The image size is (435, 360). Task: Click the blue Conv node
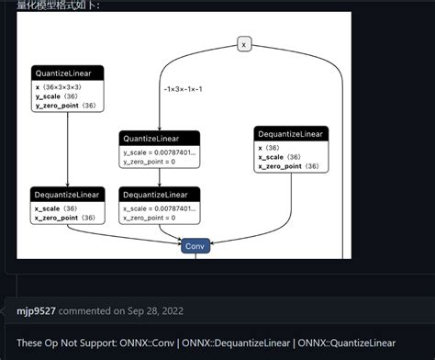[194, 246]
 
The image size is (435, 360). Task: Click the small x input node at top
[244, 43]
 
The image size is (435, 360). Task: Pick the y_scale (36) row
[57, 96]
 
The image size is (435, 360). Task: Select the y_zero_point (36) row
[65, 106]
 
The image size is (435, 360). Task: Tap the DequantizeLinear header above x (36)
[291, 134]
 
